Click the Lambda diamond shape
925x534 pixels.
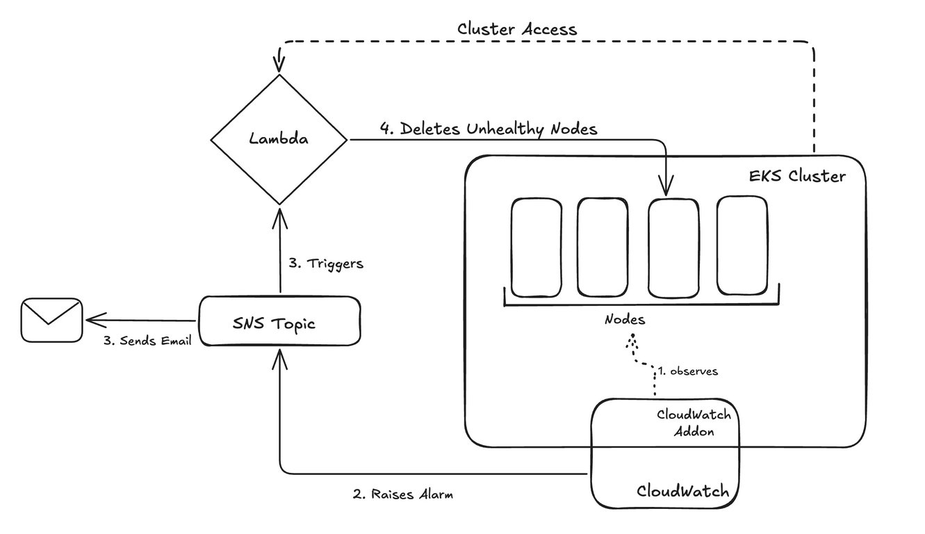tap(279, 140)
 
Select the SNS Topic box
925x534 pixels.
tap(279, 321)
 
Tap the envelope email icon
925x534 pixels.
tap(51, 320)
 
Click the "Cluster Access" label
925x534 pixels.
tap(517, 29)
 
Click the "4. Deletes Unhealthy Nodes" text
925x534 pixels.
tap(489, 129)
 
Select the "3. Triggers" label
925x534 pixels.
tap(326, 264)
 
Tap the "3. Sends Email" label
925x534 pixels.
tap(146, 341)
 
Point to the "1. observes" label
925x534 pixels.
tap(688, 371)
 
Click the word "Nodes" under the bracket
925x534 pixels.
tap(624, 320)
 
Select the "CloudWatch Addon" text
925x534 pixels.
tap(693, 421)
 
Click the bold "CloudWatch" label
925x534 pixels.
tap(682, 492)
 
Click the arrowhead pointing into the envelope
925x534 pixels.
tap(93, 321)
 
